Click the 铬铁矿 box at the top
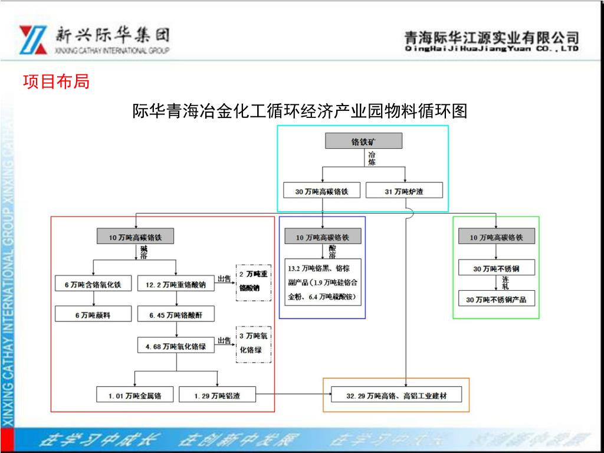pyautogui.click(x=363, y=141)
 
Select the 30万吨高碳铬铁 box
pyautogui.click(x=321, y=191)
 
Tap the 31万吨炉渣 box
pyautogui.click(x=405, y=191)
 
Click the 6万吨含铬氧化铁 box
pyautogui.click(x=93, y=284)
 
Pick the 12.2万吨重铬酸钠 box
pyautogui.click(x=176, y=284)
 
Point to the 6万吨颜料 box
pyautogui.click(x=93, y=315)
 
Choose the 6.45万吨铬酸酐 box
pyautogui.click(x=176, y=315)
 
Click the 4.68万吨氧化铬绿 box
pyautogui.click(x=176, y=346)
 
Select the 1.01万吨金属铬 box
pyautogui.click(x=135, y=395)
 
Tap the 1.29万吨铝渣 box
pyautogui.click(x=217, y=395)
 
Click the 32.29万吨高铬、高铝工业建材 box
pyautogui.click(x=396, y=395)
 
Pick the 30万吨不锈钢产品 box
pyautogui.click(x=496, y=300)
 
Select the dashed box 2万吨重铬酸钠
pyautogui.click(x=254, y=282)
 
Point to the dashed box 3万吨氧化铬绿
pyautogui.click(x=254, y=343)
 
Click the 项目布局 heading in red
pyautogui.click(x=56, y=82)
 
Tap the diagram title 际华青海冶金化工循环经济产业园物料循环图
pyautogui.click(x=300, y=111)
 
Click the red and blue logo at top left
pyautogui.click(x=33, y=40)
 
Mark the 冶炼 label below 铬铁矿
pyautogui.click(x=372, y=159)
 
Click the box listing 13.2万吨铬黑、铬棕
pyautogui.click(x=323, y=282)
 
